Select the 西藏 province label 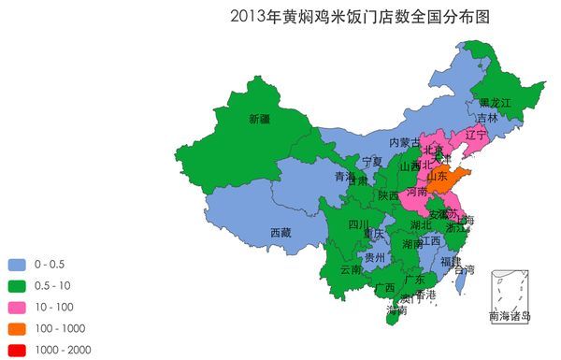coord(280,232)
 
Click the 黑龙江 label coord(496,102)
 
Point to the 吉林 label coord(487,119)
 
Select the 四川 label coord(358,224)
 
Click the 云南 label coord(351,269)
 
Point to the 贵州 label coord(374,257)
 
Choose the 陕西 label coord(388,195)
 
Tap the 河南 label coord(417,192)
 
